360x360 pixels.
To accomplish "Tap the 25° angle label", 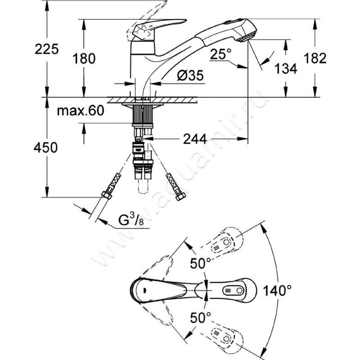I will (x=220, y=55).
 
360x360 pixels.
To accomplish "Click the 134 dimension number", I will (x=286, y=69).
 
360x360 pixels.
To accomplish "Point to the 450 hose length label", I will (x=47, y=147).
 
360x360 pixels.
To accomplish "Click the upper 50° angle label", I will (x=200, y=264).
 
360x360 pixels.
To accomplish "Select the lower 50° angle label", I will (x=200, y=318).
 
